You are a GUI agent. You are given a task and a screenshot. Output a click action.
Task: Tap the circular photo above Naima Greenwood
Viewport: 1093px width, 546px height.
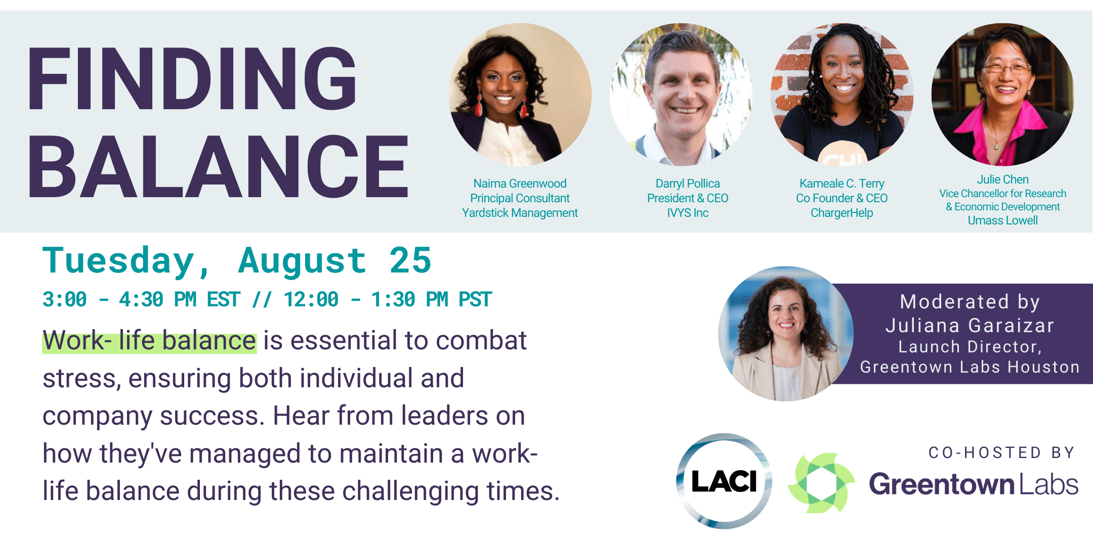(x=520, y=95)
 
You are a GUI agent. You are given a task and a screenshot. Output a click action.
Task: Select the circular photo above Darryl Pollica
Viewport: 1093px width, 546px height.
(x=681, y=95)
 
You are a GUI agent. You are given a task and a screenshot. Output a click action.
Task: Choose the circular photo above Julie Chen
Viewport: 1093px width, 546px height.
(x=1003, y=95)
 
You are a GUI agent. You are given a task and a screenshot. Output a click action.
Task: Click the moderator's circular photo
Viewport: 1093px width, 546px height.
(x=786, y=334)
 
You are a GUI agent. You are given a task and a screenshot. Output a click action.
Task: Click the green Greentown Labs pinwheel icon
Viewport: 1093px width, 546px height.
(x=821, y=483)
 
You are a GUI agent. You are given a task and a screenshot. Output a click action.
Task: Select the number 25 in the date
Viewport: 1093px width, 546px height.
(x=410, y=261)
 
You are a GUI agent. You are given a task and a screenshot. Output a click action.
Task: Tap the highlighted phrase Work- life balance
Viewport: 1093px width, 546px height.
(x=149, y=341)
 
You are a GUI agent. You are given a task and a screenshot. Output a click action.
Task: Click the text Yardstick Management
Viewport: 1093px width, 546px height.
(x=520, y=213)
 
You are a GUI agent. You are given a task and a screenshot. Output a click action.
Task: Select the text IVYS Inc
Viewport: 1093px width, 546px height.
(x=688, y=213)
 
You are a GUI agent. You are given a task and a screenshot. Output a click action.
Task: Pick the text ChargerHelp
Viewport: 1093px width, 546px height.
(x=842, y=213)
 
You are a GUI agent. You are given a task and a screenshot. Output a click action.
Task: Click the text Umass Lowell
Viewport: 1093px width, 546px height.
(x=1003, y=220)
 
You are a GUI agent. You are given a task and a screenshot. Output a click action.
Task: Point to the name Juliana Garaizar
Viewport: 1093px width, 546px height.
(x=970, y=326)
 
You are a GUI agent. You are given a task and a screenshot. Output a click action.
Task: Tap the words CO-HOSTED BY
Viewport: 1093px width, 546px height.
(x=1002, y=452)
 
